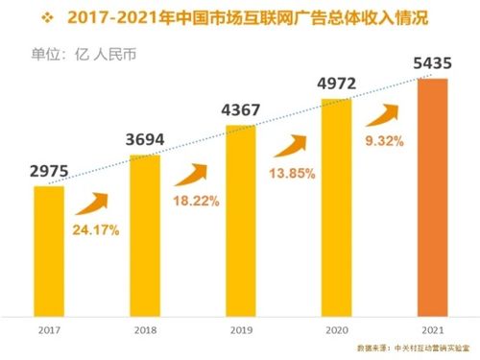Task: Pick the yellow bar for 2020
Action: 337,205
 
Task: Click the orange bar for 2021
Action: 432,196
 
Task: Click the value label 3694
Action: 145,140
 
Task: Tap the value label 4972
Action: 337,84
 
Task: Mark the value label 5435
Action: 432,63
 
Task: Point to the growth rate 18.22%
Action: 195,201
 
